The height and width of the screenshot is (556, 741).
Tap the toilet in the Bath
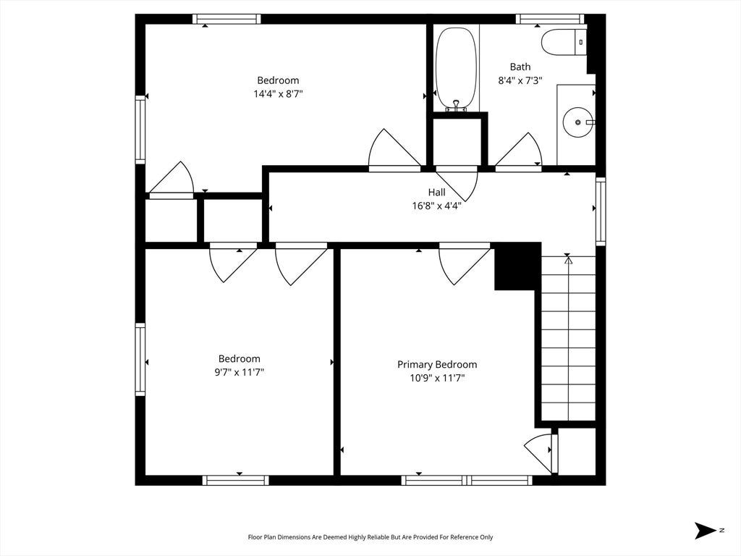coord(564,42)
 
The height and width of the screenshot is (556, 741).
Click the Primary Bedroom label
coord(437,365)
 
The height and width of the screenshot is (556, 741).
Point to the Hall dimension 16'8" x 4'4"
coord(436,206)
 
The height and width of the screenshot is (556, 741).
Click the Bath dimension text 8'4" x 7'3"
coord(520,80)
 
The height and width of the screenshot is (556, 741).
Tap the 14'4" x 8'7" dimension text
coord(278,93)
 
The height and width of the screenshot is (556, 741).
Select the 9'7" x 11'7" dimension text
coord(239,372)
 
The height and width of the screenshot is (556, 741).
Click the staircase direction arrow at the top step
coord(568,258)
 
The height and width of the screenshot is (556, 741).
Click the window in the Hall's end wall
coord(601,211)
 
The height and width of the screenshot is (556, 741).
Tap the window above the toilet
coord(550,19)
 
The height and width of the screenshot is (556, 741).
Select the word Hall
coord(436,193)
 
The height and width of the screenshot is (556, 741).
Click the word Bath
coord(520,67)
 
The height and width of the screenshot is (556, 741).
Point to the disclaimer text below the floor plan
coord(370,537)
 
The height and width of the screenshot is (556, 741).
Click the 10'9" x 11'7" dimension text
coord(437,378)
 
